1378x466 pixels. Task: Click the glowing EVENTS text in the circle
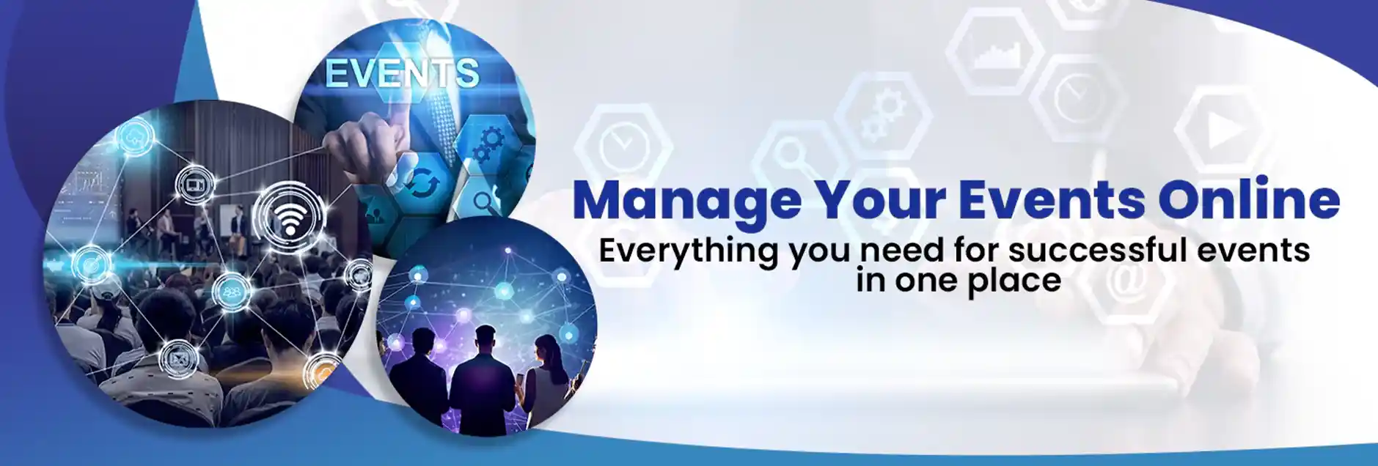click(402, 74)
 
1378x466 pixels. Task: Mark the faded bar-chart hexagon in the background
click(994, 51)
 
